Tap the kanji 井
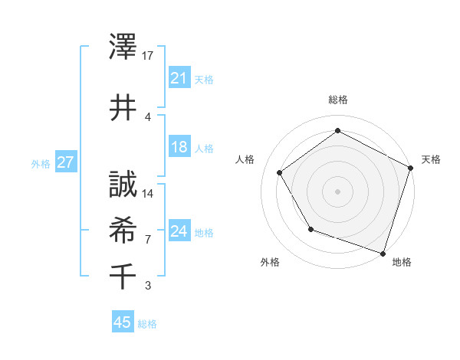(x=123, y=107)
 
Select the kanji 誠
(x=123, y=185)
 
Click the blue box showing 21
(x=179, y=78)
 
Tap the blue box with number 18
(x=179, y=147)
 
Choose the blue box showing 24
(x=179, y=231)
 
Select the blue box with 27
(x=65, y=162)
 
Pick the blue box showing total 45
(x=123, y=322)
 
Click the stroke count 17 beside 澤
(x=149, y=56)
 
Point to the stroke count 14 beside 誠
(x=149, y=193)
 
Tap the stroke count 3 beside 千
(x=148, y=286)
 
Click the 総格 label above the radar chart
(x=338, y=100)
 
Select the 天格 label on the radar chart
(x=432, y=159)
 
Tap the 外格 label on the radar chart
(x=270, y=262)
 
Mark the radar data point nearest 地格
(x=383, y=252)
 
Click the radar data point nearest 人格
(x=280, y=172)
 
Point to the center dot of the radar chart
(x=337, y=191)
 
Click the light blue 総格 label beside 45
(x=147, y=324)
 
